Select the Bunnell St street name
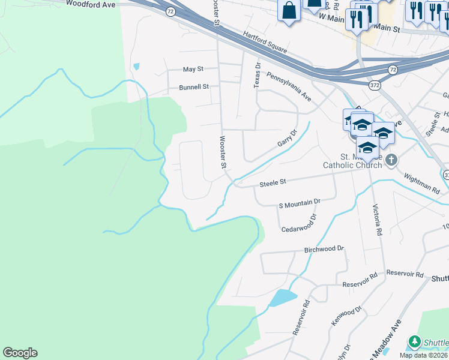click(x=194, y=87)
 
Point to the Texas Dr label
click(x=258, y=76)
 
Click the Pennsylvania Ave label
click(x=289, y=86)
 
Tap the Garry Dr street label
click(x=288, y=139)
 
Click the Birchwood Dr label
click(x=324, y=248)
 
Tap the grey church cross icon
click(x=391, y=160)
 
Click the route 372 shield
click(x=375, y=86)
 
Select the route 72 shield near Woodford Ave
click(x=171, y=11)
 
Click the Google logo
click(x=20, y=353)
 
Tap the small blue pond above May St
click(x=136, y=66)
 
